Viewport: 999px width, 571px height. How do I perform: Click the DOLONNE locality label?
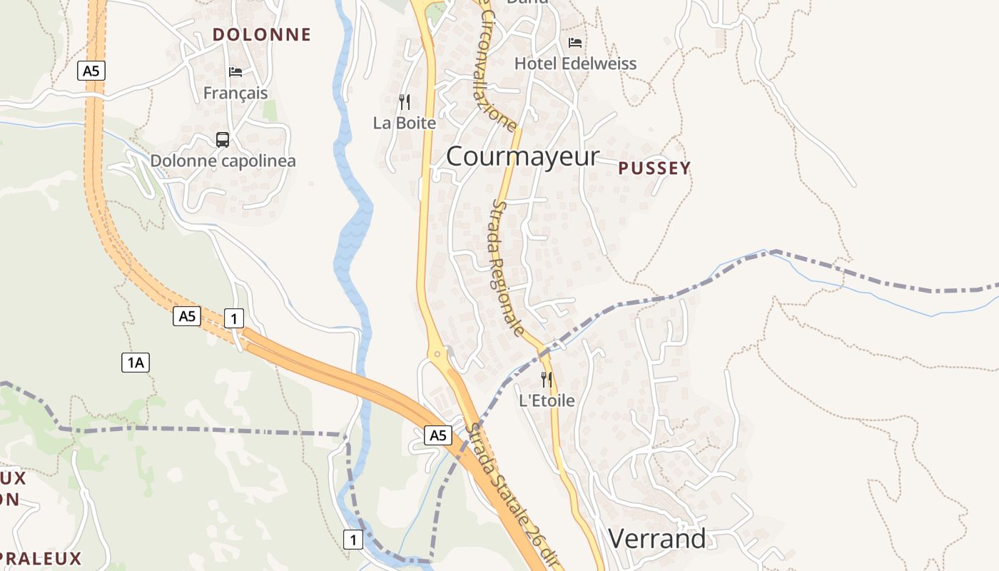(262, 34)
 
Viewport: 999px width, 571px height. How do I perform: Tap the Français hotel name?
(235, 93)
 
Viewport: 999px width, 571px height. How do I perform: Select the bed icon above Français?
(235, 71)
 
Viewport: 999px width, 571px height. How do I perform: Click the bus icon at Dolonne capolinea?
(223, 140)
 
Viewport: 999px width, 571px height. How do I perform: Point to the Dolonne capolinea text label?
(223, 161)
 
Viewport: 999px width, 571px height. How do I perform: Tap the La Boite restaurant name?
(405, 123)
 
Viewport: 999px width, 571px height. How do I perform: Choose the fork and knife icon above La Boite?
(405, 102)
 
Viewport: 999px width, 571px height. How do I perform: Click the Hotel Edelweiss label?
(575, 64)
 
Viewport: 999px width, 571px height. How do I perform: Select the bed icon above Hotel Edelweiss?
(575, 43)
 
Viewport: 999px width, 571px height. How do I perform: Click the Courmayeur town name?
(522, 156)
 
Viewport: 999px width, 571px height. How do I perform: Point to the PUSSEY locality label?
(654, 168)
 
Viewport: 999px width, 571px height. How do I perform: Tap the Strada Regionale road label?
(509, 268)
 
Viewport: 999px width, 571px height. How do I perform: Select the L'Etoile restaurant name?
(547, 400)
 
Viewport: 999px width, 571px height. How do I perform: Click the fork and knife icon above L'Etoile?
(547, 379)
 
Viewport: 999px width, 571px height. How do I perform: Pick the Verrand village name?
(657, 538)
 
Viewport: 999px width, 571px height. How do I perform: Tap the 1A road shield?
(136, 363)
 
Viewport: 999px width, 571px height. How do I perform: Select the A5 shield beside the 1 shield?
(187, 316)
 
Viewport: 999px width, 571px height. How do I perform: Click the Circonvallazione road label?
(497, 68)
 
